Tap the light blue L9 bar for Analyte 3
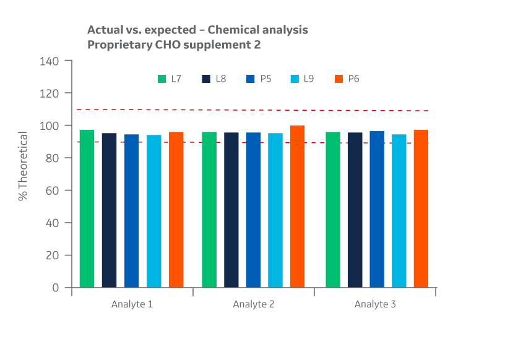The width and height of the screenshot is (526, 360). point(399,210)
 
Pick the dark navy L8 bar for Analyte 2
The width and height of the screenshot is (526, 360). point(231,210)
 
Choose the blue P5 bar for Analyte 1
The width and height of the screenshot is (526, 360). point(131,210)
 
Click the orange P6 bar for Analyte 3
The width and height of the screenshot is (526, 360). point(421,208)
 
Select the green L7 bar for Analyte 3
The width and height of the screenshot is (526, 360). point(333,210)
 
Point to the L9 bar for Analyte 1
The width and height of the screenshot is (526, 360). point(153,211)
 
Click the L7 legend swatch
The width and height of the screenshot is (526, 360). point(162,79)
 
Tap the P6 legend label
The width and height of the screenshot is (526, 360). point(353,79)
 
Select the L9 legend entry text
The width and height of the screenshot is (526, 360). point(309,79)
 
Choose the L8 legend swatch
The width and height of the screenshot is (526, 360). point(206,79)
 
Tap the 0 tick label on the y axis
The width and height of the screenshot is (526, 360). point(56,288)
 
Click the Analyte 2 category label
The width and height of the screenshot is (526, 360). point(253,304)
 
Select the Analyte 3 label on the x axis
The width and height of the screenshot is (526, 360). point(375,304)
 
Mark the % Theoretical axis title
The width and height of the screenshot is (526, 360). point(23,166)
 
